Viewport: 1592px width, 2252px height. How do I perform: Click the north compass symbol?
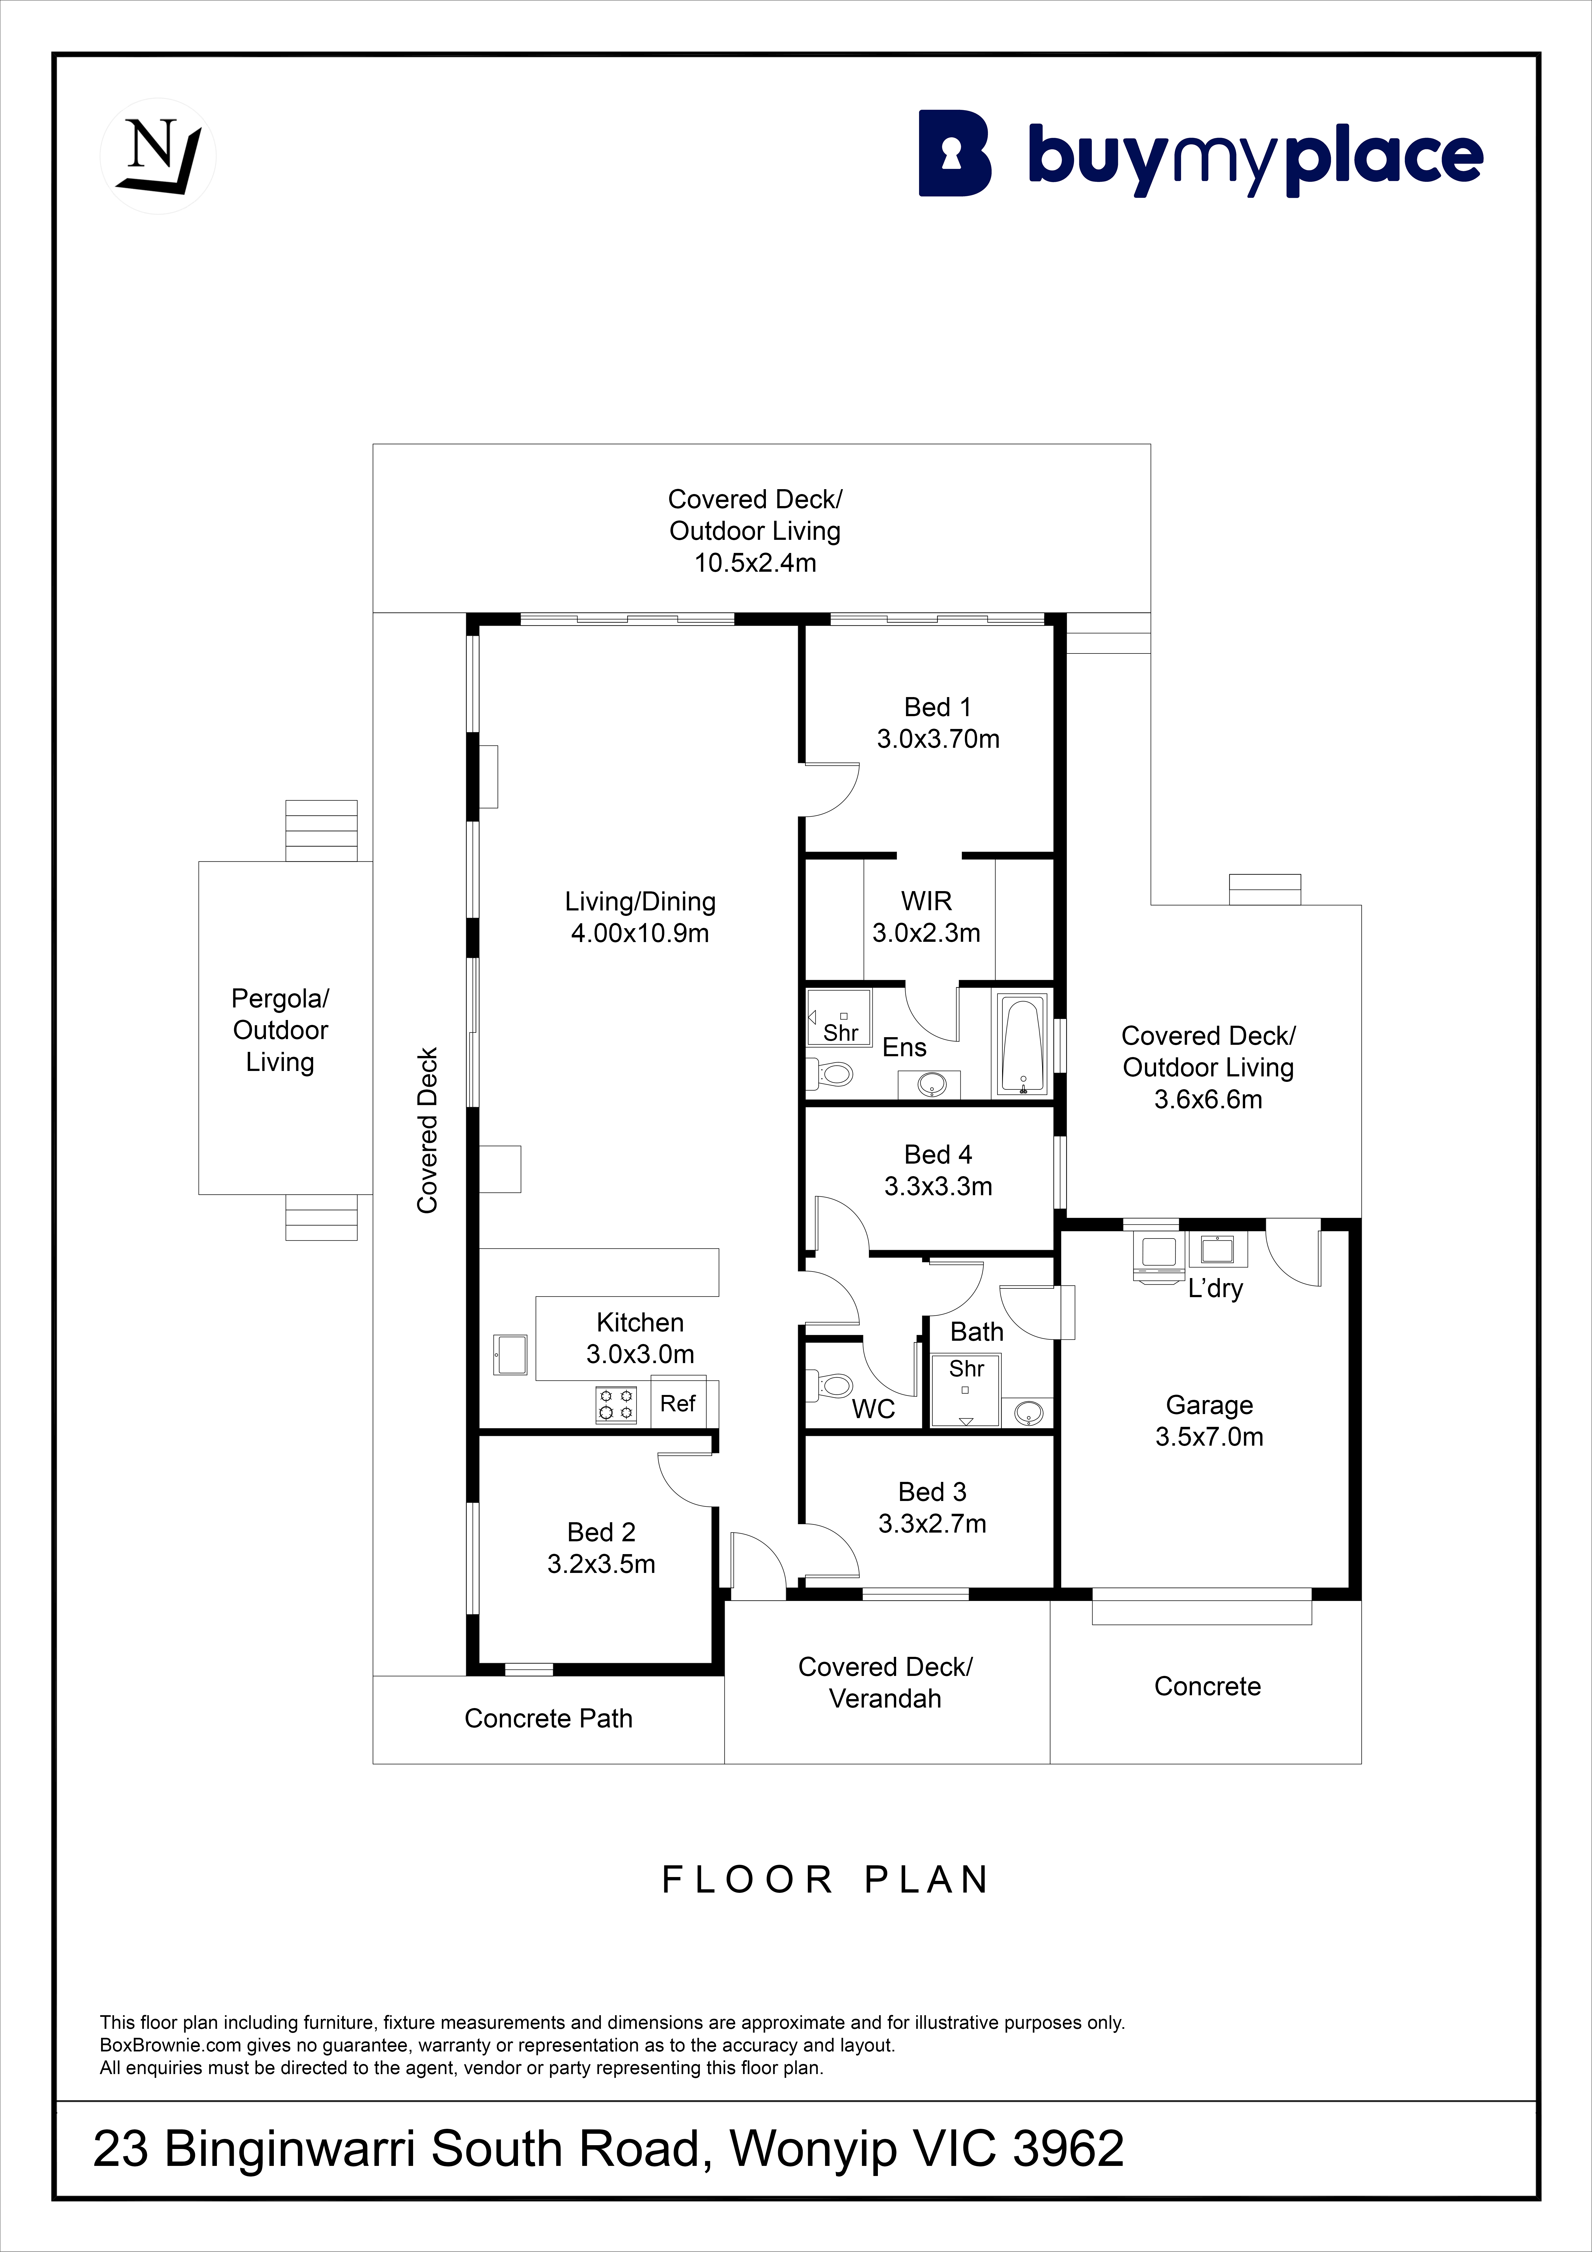(158, 156)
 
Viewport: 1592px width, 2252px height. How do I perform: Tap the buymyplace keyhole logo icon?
(954, 153)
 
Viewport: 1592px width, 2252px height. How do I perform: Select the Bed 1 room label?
(938, 707)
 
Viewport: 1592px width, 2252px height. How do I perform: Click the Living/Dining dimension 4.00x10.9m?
(639, 933)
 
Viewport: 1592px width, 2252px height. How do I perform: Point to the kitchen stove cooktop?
(616, 1405)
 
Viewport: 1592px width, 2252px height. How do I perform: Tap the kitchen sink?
(510, 1355)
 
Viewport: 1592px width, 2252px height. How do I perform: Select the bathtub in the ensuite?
(1022, 1046)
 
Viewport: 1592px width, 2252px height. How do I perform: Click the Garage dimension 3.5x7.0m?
(1209, 1437)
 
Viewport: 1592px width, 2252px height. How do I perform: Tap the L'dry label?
(1215, 1289)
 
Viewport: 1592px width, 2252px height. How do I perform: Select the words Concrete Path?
(548, 1718)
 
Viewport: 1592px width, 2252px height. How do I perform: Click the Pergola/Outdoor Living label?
(281, 1030)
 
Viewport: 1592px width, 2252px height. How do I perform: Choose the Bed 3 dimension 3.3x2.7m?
(932, 1523)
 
